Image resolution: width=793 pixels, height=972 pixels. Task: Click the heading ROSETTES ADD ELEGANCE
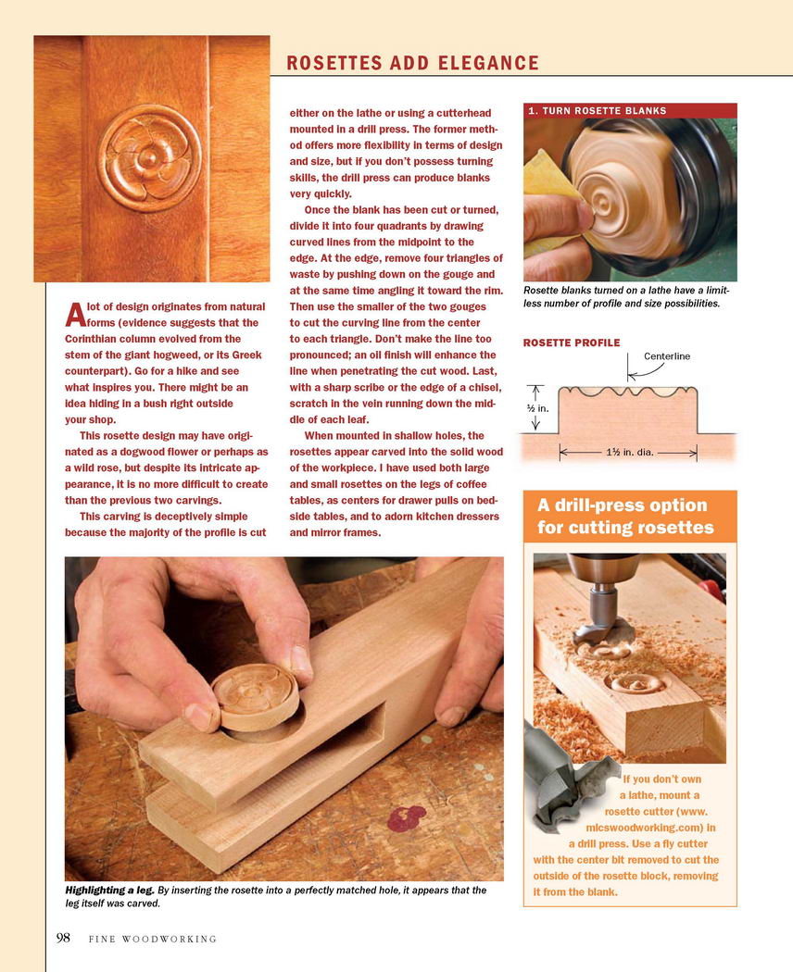tap(412, 63)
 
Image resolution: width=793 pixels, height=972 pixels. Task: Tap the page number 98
tap(63, 938)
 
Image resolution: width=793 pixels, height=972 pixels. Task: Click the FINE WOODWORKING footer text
tap(153, 940)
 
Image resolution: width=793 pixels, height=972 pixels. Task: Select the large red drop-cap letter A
tap(75, 315)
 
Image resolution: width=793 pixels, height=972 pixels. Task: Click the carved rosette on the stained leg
tap(149, 157)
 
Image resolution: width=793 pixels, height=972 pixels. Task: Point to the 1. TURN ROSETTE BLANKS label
tap(597, 111)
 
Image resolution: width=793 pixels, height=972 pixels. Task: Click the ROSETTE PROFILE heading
tap(572, 343)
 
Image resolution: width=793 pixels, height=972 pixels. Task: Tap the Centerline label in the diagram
tap(667, 356)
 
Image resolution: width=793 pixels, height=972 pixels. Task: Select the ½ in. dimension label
tap(538, 408)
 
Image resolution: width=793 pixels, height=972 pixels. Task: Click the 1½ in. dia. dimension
tap(630, 452)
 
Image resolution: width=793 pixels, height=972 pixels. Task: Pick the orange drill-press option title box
tap(630, 517)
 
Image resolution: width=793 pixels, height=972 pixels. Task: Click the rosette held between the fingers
tap(255, 697)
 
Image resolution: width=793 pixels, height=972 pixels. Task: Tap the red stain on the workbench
tap(407, 818)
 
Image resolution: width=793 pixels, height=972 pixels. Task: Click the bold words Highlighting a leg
tap(109, 891)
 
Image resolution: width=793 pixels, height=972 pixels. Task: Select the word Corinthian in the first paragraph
tap(93, 339)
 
